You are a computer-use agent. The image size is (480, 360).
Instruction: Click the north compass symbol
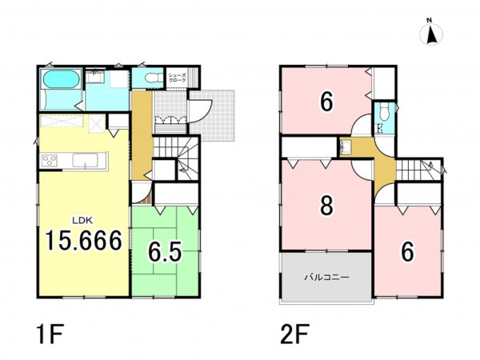(x=431, y=34)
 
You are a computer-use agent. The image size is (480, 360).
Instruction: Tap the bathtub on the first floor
(x=62, y=79)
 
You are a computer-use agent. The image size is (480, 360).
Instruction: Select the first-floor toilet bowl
(x=154, y=78)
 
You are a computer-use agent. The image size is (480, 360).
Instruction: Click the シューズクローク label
(x=178, y=78)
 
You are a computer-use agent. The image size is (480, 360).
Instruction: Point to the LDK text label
(x=82, y=219)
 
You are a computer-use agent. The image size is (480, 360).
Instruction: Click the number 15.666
(x=84, y=241)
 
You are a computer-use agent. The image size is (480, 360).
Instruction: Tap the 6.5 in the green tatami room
(x=165, y=252)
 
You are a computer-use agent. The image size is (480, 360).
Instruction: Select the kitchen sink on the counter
(x=85, y=161)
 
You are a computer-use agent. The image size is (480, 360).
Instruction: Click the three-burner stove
(x=50, y=161)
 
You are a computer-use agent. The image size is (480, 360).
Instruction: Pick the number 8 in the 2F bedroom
(x=326, y=205)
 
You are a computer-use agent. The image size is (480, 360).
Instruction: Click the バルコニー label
(x=326, y=278)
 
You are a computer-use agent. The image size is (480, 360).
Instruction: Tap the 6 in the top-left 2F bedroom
(x=326, y=102)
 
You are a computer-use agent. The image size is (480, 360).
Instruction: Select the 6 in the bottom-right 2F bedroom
(x=407, y=252)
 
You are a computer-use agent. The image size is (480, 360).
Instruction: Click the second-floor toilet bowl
(x=383, y=112)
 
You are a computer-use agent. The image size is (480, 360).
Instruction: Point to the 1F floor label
(x=50, y=334)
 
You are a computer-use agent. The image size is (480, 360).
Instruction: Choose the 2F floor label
(x=295, y=334)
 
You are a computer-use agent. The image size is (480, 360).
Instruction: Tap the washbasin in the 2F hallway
(x=346, y=147)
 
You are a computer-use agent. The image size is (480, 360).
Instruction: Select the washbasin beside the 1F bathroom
(x=95, y=77)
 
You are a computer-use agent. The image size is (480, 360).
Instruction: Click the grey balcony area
(x=326, y=277)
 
